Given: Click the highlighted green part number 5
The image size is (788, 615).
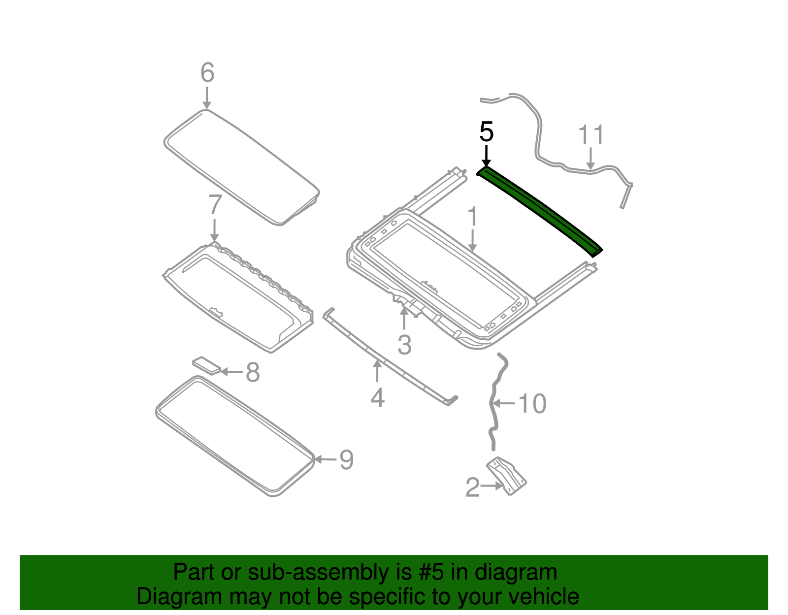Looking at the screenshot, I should (x=539, y=209).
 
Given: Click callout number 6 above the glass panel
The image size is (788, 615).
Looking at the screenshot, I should (x=207, y=73).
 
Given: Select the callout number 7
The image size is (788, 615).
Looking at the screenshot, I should (x=215, y=205).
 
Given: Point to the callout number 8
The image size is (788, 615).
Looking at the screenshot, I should (x=253, y=372).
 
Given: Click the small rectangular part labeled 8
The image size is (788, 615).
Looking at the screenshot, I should (x=206, y=365).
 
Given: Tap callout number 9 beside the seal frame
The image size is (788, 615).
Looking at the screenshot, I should (x=347, y=459).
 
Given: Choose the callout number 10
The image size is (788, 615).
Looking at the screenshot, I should (x=532, y=404).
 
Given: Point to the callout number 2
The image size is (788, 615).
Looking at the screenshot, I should (x=472, y=487).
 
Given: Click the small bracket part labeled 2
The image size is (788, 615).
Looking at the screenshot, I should (x=507, y=475).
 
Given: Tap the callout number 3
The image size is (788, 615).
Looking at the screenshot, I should (x=404, y=345).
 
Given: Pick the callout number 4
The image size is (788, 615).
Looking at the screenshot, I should (x=377, y=398).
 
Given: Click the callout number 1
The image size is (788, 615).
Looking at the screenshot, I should (x=472, y=217).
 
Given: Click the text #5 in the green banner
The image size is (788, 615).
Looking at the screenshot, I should (x=432, y=573).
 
